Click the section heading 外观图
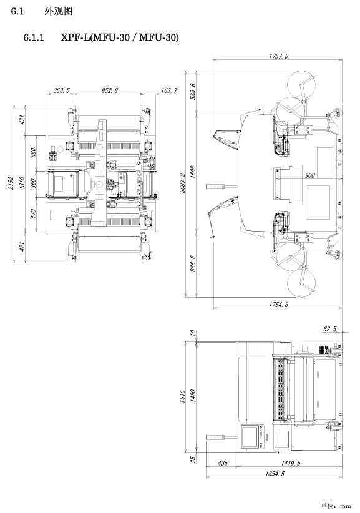pyautogui.click(x=58, y=11)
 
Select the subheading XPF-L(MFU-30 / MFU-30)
pyautogui.click(x=120, y=37)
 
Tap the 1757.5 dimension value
pyautogui.click(x=279, y=56)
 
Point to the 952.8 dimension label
pyautogui.click(x=109, y=90)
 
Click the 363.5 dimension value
pyautogui.click(x=61, y=90)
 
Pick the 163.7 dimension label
pyautogui.click(x=168, y=90)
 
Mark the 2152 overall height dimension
pyautogui.click(x=11, y=184)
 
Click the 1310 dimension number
pyautogui.click(x=22, y=183)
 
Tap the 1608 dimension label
pyautogui.click(x=193, y=172)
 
